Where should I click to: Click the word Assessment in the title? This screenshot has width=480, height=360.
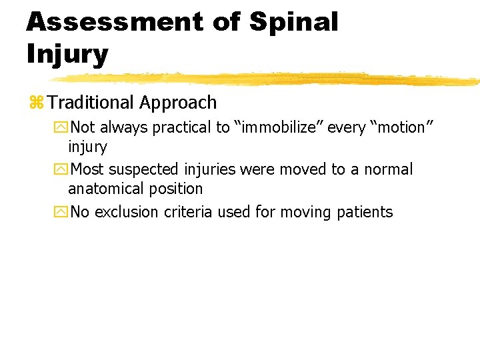(113, 21)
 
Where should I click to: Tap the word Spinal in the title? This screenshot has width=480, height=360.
(294, 21)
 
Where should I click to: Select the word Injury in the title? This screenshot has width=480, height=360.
(67, 54)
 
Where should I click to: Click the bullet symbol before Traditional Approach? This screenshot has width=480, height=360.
(36, 103)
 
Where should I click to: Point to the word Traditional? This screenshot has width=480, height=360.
(91, 103)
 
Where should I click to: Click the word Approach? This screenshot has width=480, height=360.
(178, 103)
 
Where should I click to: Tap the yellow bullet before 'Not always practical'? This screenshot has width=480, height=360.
(62, 127)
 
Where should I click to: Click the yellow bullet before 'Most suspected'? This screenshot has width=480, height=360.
(62, 170)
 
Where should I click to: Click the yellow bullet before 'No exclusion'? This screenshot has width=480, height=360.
(62, 213)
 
